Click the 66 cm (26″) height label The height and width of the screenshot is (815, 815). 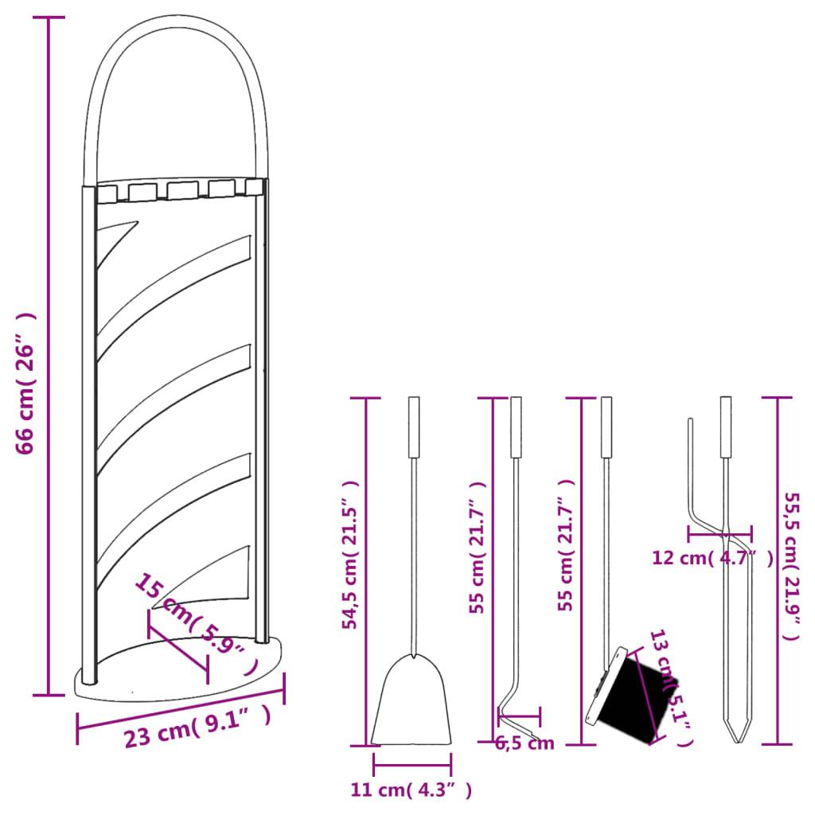[x=25, y=382]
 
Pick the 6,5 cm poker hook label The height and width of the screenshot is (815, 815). [x=524, y=744]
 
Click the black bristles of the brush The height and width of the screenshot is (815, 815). [x=637, y=692]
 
